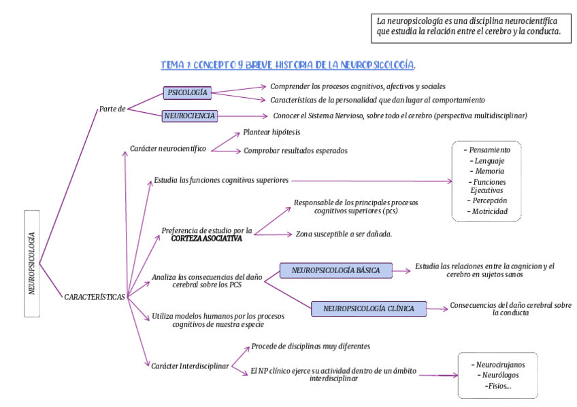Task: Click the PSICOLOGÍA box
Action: click(186, 92)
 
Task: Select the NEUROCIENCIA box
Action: click(190, 116)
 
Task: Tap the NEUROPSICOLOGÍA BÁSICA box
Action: click(336, 270)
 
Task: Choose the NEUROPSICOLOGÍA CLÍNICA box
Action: click(368, 308)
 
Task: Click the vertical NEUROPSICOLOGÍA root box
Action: click(32, 263)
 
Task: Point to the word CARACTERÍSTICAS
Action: click(95, 297)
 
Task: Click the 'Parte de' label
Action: click(112, 109)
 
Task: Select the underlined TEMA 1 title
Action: click(288, 65)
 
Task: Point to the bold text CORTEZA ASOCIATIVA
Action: click(206, 238)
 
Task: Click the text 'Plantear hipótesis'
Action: click(271, 132)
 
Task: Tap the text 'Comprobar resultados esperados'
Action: click(295, 151)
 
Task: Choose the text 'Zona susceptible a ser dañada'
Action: click(344, 234)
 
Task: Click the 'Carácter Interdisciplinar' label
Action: click(190, 366)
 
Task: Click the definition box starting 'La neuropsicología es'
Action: click(470, 27)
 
